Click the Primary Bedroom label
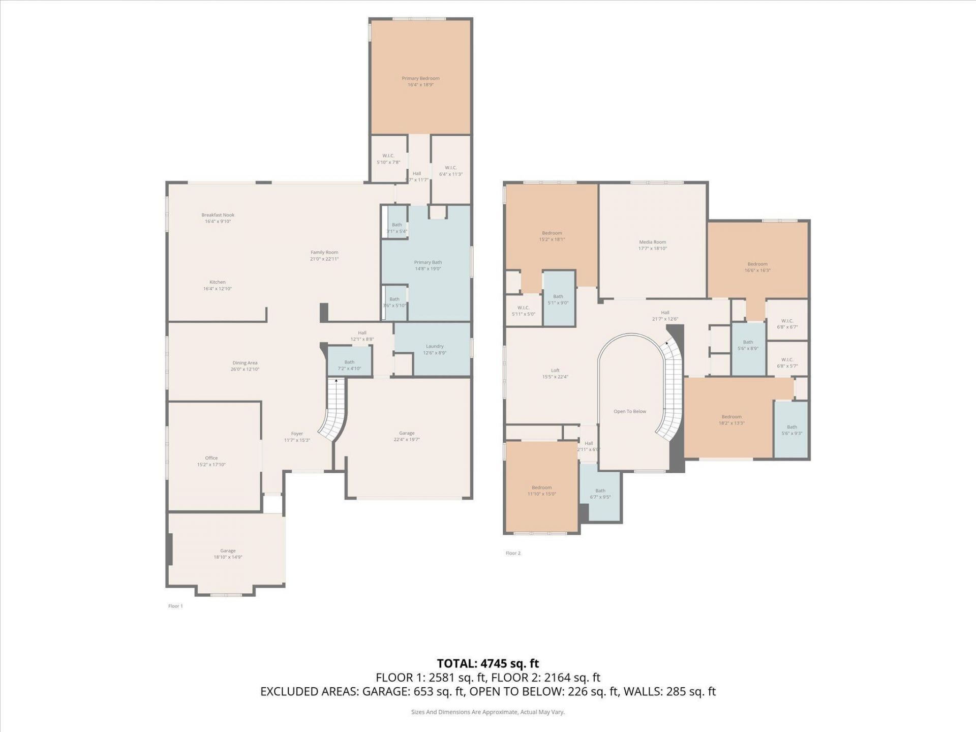click(420, 79)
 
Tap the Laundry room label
click(435, 346)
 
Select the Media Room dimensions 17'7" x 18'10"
click(652, 249)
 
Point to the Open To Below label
click(629, 411)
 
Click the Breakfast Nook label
click(218, 215)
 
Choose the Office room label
click(211, 458)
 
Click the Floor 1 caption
click(175, 606)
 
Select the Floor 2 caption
click(513, 553)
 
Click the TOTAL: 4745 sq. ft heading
click(487, 663)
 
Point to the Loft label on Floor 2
click(555, 371)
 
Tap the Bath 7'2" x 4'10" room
click(349, 362)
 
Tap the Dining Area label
click(245, 363)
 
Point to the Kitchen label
click(217, 282)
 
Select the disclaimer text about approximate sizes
click(487, 712)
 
